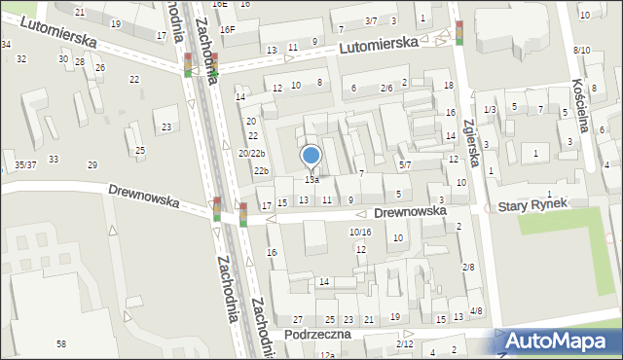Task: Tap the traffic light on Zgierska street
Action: pyautogui.click(x=459, y=32)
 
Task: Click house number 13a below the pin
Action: pyautogui.click(x=311, y=180)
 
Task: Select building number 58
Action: pyautogui.click(x=61, y=344)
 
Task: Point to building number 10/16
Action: pyautogui.click(x=360, y=232)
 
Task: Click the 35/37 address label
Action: pyautogui.click(x=25, y=165)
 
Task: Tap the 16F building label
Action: pyautogui.click(x=227, y=29)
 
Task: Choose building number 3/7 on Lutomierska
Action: pyautogui.click(x=370, y=20)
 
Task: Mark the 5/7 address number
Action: pyautogui.click(x=405, y=165)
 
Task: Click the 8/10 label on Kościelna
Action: pyautogui.click(x=581, y=50)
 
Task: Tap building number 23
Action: pyautogui.click(x=167, y=126)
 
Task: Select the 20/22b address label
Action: pyautogui.click(x=251, y=154)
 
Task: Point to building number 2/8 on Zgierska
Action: pyautogui.click(x=468, y=267)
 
